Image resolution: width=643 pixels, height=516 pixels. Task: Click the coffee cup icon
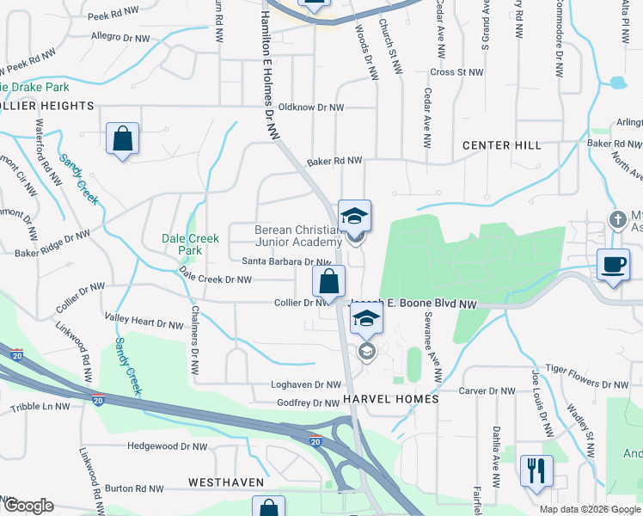tap(613, 264)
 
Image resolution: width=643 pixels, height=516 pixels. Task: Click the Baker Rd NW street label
tap(334, 161)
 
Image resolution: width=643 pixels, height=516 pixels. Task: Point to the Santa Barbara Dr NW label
tap(286, 262)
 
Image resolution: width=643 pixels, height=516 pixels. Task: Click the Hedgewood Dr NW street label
tap(167, 446)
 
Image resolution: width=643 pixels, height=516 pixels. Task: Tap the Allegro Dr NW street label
tap(124, 37)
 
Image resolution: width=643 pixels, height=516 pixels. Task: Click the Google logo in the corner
tap(28, 506)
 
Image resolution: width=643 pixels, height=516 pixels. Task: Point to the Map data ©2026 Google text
tap(589, 509)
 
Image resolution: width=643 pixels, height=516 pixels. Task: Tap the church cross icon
tap(615, 218)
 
